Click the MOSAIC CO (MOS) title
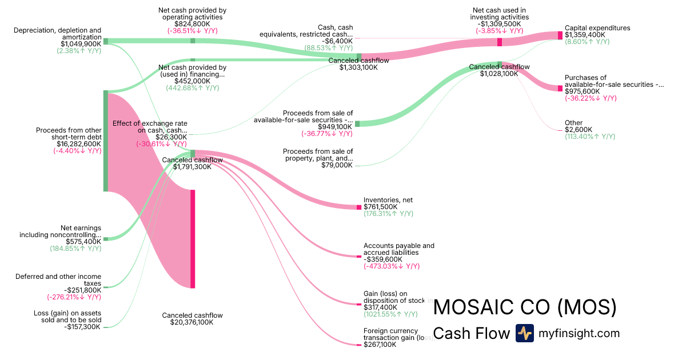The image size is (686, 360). [x=525, y=307]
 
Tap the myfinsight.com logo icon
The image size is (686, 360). [x=524, y=333]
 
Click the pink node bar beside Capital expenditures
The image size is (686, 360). [x=560, y=35]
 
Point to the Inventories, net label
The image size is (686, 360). [x=388, y=200]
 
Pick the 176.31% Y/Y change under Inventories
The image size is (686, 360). [x=388, y=214]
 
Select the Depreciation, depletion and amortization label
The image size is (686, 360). [x=58, y=33]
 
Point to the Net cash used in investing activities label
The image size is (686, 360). [x=499, y=14]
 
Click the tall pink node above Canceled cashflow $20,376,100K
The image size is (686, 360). [x=193, y=239]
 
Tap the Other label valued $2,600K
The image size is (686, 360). [x=573, y=123]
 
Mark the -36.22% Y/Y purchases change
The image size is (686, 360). [x=591, y=98]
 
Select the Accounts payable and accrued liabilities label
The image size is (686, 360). [x=399, y=249]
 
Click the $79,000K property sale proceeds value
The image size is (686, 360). [x=336, y=165]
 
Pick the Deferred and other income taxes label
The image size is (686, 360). [x=58, y=280]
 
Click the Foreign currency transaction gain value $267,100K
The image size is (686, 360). [x=380, y=345]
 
